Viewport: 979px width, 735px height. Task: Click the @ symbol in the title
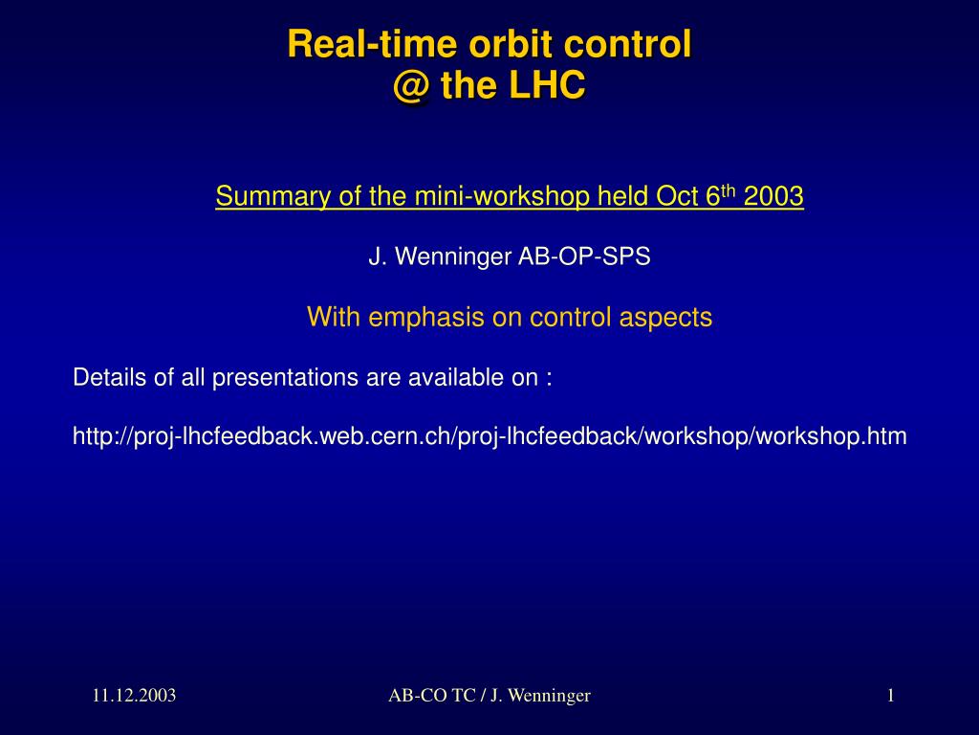coord(411,85)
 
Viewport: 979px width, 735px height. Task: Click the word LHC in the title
coord(547,85)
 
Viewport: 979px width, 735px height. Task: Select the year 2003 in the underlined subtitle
coord(773,196)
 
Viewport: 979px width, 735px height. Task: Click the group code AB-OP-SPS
coord(584,256)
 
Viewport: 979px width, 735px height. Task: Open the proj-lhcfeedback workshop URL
coord(489,436)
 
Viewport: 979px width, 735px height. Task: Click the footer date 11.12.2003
coord(134,696)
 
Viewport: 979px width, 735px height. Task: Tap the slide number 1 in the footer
coord(891,696)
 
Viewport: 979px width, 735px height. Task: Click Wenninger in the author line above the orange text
coord(452,256)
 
